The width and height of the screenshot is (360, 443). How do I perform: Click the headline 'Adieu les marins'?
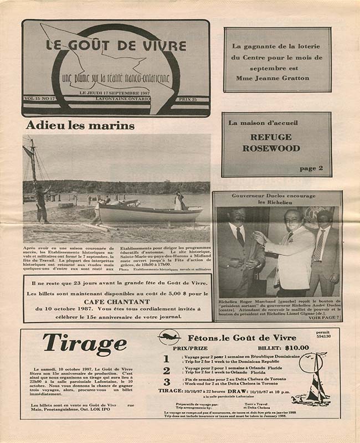[x=80, y=126]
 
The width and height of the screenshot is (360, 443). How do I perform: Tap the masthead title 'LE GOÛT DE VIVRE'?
[x=115, y=46]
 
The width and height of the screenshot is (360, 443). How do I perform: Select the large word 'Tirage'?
[x=85, y=344]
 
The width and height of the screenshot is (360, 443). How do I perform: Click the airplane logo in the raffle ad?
[x=169, y=337]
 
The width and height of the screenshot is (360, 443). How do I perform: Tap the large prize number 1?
[x=166, y=359]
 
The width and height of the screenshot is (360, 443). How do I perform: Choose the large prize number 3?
[x=166, y=382]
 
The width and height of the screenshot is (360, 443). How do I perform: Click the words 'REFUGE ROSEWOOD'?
[x=271, y=142]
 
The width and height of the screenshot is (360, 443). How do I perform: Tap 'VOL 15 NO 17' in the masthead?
[x=40, y=99]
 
